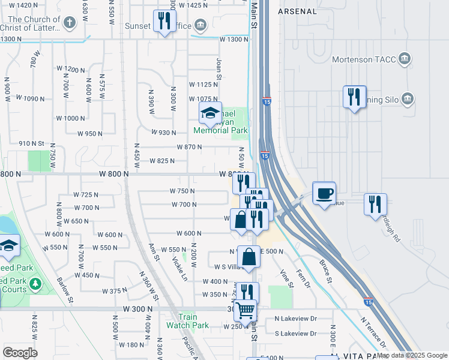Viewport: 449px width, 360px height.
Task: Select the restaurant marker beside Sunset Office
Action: pyautogui.click(x=163, y=22)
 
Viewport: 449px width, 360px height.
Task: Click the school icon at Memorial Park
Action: pyautogui.click(x=210, y=113)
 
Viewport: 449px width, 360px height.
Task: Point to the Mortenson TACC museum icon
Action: pyautogui.click(x=405, y=59)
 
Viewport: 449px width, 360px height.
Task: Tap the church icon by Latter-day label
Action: pyautogui.click(x=69, y=24)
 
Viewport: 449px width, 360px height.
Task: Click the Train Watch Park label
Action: pyautogui.click(x=188, y=321)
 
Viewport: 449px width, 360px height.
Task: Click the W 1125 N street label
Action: pyautogui.click(x=203, y=85)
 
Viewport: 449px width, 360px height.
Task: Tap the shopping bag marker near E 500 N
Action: pyautogui.click(x=249, y=257)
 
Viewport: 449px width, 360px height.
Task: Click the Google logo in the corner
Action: pyautogui.click(x=20, y=352)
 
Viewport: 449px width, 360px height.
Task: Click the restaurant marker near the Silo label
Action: pyautogui.click(x=354, y=96)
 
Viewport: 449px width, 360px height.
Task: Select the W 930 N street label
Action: pyautogui.click(x=164, y=133)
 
